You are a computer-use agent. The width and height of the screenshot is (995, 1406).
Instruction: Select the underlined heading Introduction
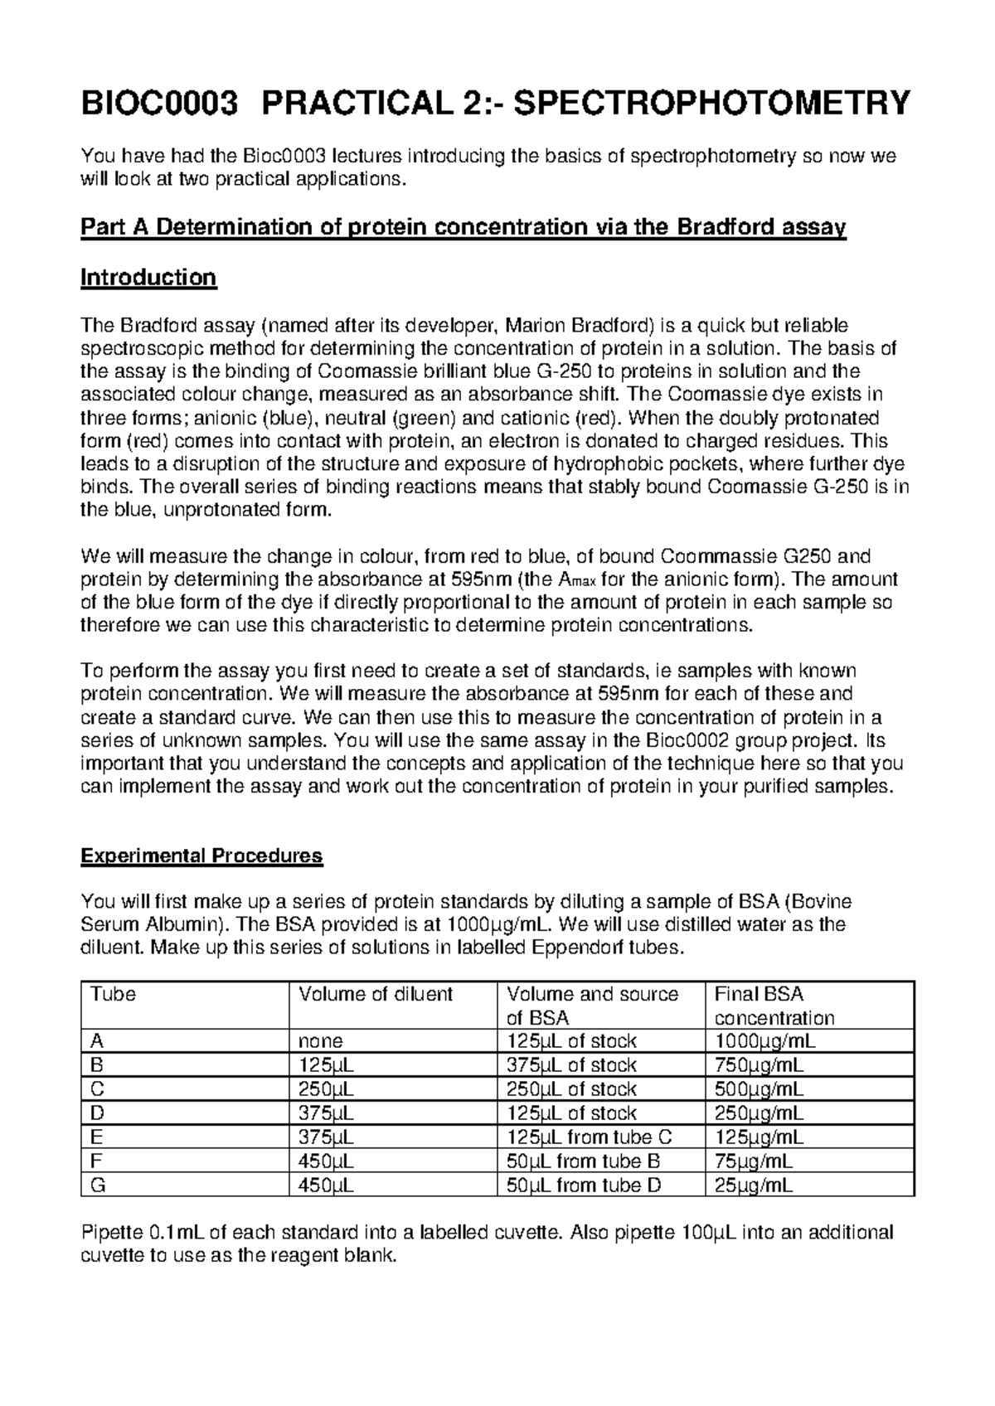coord(148,278)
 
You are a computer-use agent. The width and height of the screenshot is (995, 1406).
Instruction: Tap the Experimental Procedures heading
coord(201,856)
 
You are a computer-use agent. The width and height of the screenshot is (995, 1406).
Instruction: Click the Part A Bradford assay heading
coord(463,227)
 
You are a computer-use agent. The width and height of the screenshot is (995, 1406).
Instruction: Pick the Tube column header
coord(114,994)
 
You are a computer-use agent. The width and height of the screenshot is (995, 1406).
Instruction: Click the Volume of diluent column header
coord(376,994)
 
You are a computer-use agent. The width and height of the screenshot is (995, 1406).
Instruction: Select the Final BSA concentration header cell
coord(774,1006)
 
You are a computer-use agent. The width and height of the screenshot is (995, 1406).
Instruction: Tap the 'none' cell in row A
coord(321,1041)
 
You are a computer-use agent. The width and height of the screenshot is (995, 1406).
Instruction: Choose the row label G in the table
coord(99,1185)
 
